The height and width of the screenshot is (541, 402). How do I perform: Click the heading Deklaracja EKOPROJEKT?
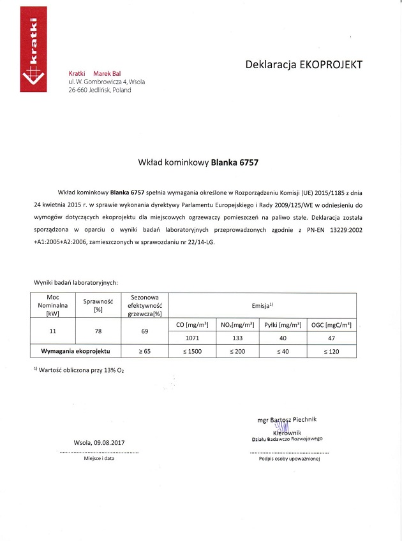(x=304, y=64)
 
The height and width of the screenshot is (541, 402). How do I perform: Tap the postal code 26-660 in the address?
(x=80, y=90)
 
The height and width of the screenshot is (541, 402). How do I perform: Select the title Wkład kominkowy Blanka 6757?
(x=198, y=162)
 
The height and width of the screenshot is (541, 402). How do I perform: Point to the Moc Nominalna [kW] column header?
(x=53, y=305)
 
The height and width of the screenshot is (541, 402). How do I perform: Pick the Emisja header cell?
(x=262, y=305)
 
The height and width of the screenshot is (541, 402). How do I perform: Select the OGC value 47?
(x=331, y=338)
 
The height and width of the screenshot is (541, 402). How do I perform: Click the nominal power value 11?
(x=53, y=331)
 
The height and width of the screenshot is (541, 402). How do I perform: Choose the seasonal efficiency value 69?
(x=146, y=331)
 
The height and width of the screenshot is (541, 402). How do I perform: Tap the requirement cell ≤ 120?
(x=331, y=351)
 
